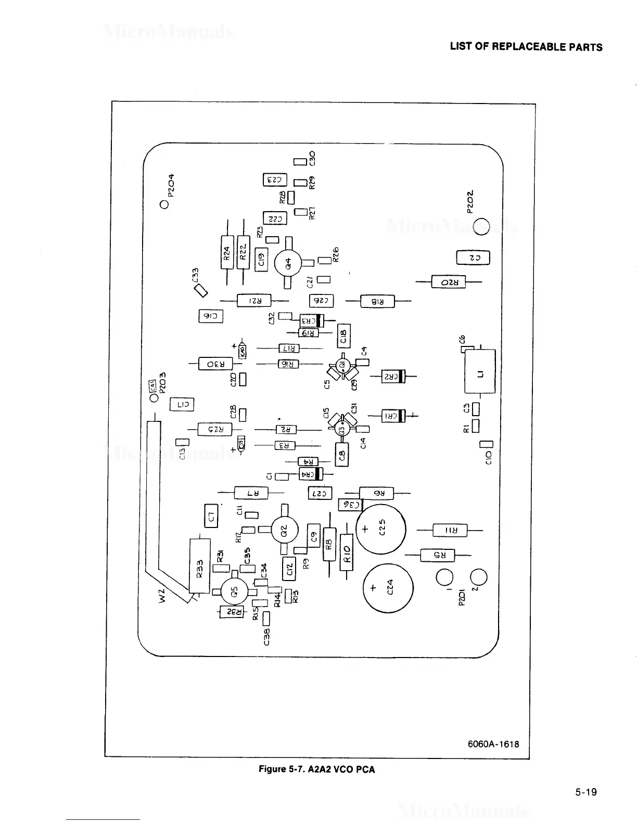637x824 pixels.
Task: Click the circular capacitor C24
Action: pyautogui.click(x=388, y=588)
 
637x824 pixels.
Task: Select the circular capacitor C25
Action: pyautogui.click(x=380, y=530)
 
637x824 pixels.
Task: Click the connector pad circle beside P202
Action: pyautogui.click(x=481, y=227)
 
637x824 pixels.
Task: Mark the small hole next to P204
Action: pyautogui.click(x=164, y=204)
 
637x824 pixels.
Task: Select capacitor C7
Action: pyautogui.click(x=211, y=516)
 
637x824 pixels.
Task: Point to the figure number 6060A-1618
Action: pyautogui.click(x=493, y=744)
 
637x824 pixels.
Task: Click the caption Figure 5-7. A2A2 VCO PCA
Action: pyautogui.click(x=316, y=769)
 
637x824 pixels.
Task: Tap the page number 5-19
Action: pyautogui.click(x=586, y=792)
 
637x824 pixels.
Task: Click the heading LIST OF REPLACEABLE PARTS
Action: pyautogui.click(x=526, y=47)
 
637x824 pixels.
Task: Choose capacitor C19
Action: pyautogui.click(x=262, y=259)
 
